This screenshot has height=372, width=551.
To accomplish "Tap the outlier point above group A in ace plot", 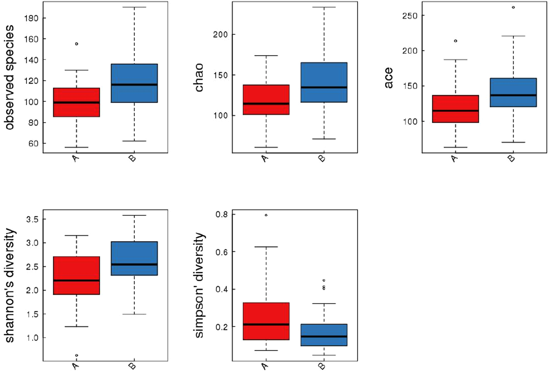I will [455, 41].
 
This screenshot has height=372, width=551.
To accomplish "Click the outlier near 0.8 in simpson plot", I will [266, 215].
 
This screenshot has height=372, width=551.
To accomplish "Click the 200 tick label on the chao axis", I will [220, 34].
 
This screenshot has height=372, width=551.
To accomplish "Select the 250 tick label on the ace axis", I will [410, 16].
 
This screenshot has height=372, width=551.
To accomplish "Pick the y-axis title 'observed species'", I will [9, 77].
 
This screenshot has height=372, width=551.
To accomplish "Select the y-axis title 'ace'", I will [388, 77].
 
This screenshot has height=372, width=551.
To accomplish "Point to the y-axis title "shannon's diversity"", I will [9, 286].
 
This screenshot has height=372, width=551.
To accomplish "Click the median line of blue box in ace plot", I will [513, 95].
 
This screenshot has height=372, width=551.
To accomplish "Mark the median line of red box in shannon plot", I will [76, 281].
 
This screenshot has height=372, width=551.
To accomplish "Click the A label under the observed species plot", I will [75, 158].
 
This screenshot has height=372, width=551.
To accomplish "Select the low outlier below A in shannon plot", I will [76, 355].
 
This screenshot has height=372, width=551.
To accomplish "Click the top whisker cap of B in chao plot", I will [324, 7].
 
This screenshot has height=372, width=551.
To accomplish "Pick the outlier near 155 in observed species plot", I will [76, 44].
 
